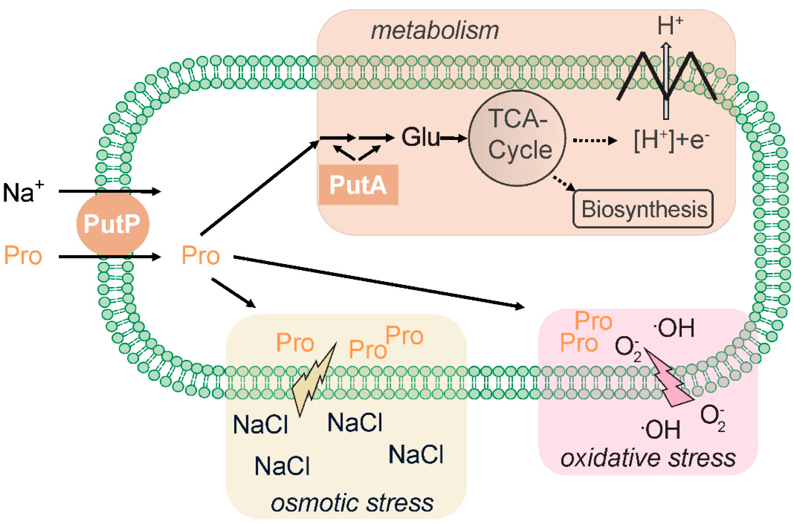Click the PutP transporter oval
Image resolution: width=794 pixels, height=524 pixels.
pos(113,223)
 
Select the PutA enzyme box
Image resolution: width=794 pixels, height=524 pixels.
pos(358,185)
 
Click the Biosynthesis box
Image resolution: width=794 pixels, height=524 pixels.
pos(643,209)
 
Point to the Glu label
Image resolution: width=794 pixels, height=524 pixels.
pos(421,137)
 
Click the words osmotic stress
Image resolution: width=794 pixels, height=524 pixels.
pos(352,503)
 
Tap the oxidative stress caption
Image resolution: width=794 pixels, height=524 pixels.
pos(648,458)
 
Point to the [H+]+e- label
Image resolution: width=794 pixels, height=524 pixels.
pos(671,141)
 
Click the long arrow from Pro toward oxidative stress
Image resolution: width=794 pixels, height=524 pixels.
pos(379,281)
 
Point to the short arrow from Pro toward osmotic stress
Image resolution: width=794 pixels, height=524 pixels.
pos(233,292)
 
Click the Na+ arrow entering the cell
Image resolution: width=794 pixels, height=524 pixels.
pos(110,191)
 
